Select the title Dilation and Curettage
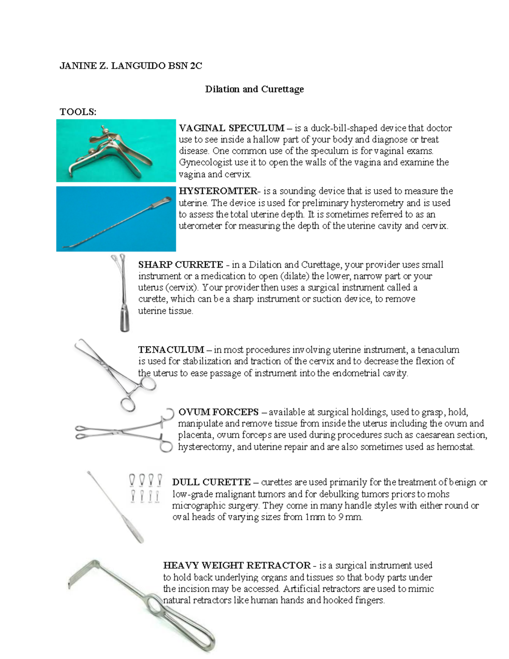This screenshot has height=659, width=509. tap(254, 89)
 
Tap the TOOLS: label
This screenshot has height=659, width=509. tap(78, 112)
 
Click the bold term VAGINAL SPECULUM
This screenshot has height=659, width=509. tap(232, 128)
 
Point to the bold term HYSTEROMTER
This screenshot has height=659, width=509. tap(218, 191)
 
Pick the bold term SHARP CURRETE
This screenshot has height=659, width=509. tap(180, 265)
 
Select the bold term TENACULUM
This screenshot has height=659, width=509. tap(171, 350)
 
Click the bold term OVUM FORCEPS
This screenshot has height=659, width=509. tap(218, 412)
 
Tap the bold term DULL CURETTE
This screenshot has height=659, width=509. tap(211, 482)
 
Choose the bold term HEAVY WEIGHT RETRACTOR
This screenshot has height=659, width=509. tap(237, 566)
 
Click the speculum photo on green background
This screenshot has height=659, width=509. tap(116, 151)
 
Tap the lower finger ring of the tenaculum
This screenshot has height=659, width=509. tap(128, 403)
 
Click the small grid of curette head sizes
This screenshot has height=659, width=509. tap(145, 488)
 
